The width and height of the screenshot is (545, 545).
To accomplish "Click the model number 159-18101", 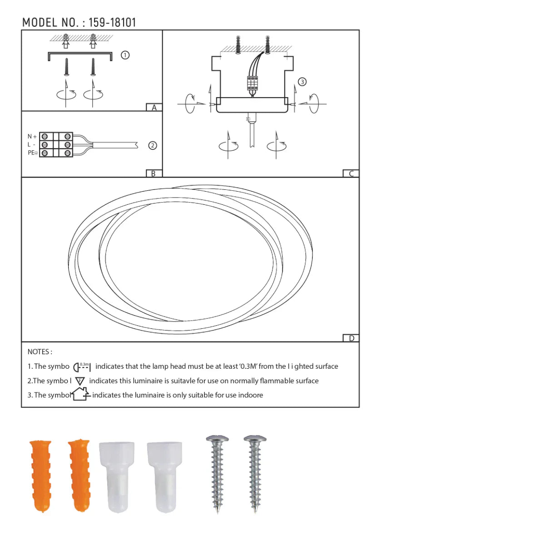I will (112, 22).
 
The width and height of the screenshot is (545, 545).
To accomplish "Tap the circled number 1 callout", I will (125, 55).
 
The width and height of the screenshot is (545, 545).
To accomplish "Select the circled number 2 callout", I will (153, 145).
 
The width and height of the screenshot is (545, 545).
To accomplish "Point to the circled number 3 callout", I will (302, 82).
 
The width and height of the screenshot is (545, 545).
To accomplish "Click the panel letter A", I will (154, 108).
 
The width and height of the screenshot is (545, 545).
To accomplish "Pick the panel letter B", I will (154, 173).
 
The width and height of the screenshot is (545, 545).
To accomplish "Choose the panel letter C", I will (351, 173).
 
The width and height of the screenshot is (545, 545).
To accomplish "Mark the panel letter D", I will (351, 338).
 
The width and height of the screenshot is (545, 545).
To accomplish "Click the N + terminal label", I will (32, 136).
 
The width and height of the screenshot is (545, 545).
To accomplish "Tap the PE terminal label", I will (32, 153).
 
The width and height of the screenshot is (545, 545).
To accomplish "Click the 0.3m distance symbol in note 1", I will (82, 367).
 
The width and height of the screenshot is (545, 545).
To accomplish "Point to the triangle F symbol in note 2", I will (80, 381).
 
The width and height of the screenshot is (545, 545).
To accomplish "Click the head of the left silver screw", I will (217, 440).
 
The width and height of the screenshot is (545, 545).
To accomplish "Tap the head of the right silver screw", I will (255, 440).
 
